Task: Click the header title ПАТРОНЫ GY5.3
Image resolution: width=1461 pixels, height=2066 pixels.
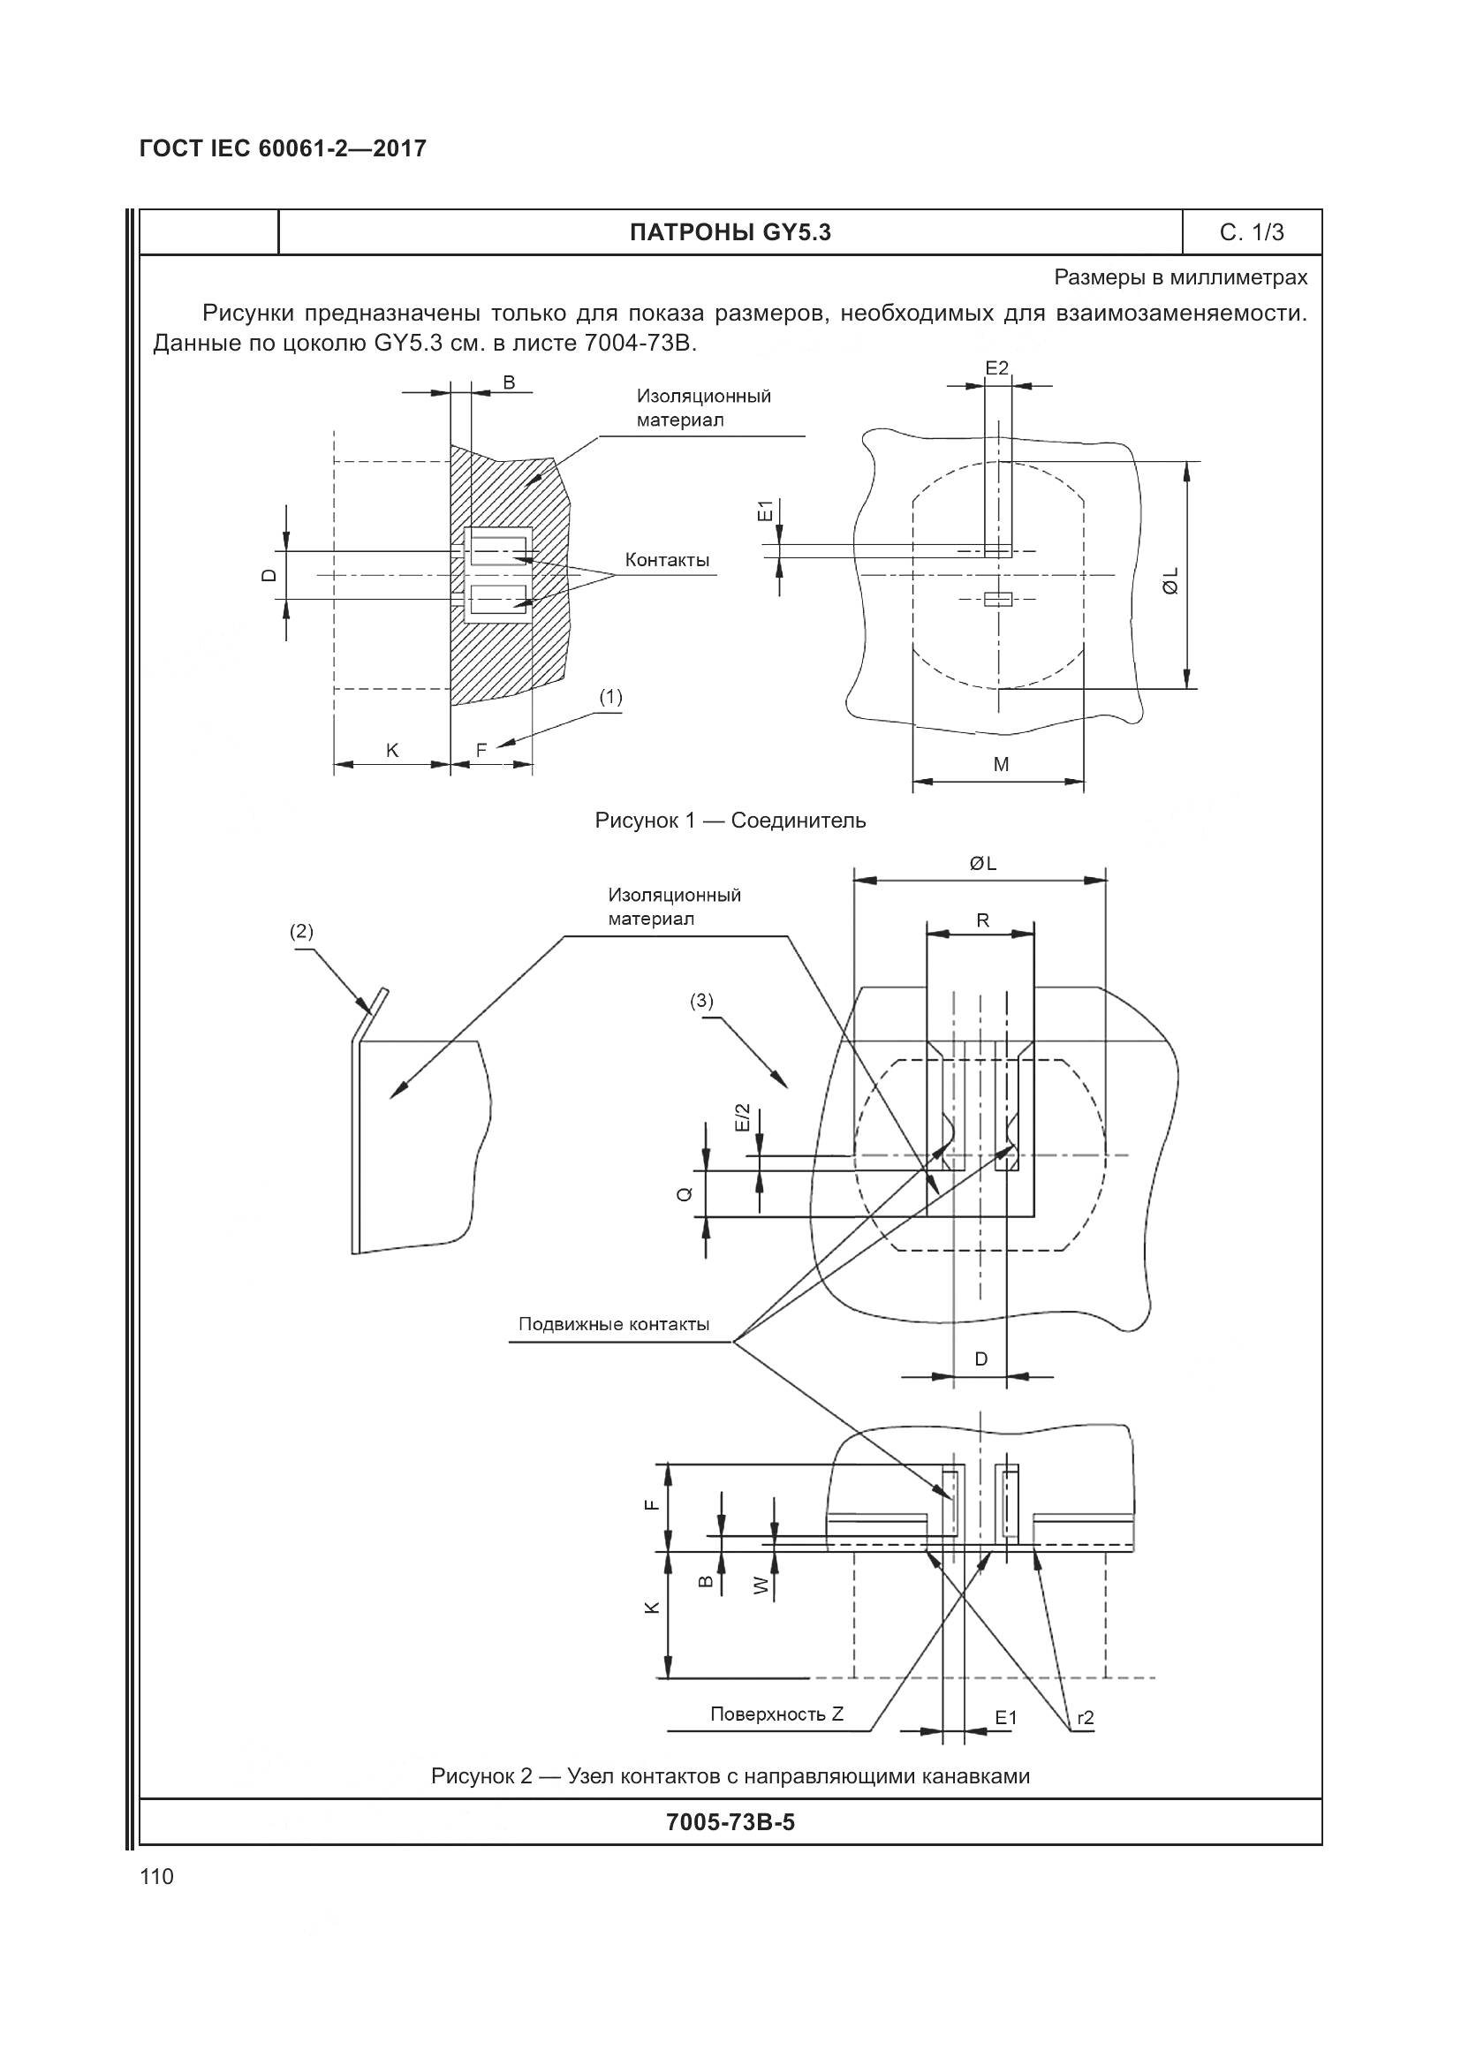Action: point(730,233)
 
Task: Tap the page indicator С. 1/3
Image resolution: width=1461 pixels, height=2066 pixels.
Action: point(1252,233)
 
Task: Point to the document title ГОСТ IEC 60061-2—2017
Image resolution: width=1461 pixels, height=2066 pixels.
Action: point(283,148)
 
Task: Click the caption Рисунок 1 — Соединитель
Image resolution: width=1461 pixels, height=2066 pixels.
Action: point(730,821)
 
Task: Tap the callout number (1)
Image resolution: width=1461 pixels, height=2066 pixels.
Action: point(610,696)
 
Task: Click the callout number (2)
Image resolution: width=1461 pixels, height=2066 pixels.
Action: point(301,931)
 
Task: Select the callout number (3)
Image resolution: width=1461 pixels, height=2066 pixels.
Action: point(701,1000)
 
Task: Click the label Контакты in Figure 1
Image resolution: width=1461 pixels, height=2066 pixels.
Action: point(667,561)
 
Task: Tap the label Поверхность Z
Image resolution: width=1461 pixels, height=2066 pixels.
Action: point(776,1714)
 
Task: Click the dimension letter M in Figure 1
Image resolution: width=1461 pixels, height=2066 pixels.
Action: point(1001,765)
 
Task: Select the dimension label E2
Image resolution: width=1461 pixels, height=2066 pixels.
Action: point(996,367)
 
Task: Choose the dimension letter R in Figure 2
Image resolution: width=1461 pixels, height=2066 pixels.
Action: point(982,920)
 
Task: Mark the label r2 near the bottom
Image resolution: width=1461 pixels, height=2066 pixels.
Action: point(1085,1718)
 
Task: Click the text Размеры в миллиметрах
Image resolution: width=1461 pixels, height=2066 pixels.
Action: point(1180,278)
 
